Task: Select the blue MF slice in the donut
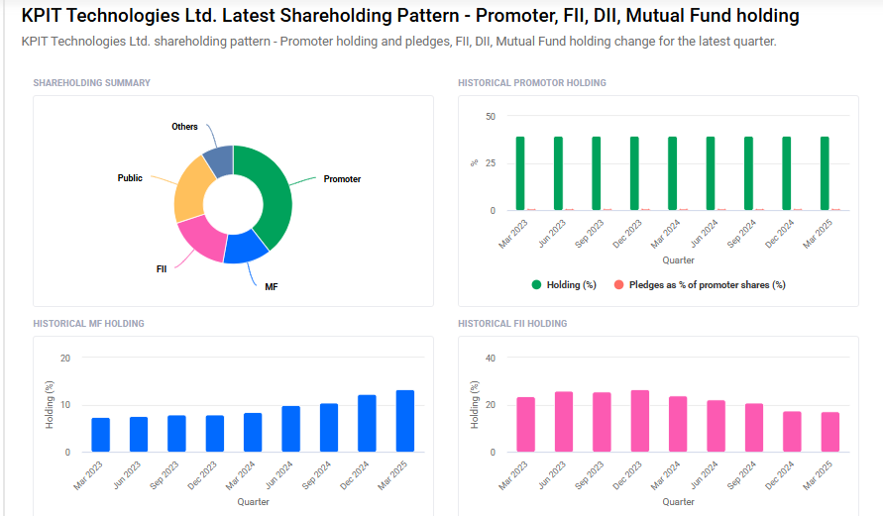245,248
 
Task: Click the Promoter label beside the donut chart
342,179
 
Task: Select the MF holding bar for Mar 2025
404,421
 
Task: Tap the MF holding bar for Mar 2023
101,435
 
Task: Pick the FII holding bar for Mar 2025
829,432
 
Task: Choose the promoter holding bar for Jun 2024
710,173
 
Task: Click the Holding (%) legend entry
564,285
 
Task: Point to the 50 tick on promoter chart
490,117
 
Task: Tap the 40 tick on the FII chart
490,358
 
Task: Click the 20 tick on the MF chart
65,358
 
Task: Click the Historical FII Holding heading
512,324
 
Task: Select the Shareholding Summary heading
92,83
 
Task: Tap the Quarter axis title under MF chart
253,502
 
